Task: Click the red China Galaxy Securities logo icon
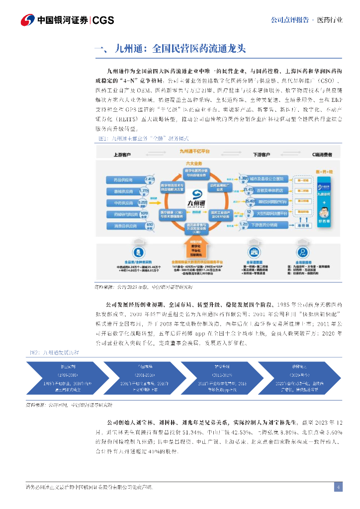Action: tap(27, 20)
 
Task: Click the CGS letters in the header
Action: tap(103, 20)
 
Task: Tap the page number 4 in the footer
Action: tap(338, 487)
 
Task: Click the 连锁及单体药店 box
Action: tap(269, 190)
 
